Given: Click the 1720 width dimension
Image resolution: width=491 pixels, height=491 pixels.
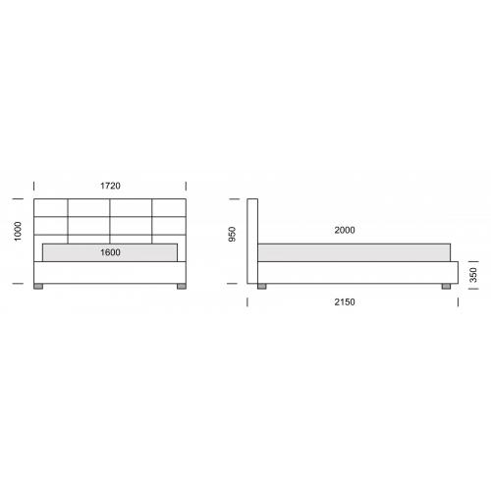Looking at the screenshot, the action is point(110,186).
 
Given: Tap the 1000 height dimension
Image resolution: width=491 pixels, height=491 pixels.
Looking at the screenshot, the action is point(18,231).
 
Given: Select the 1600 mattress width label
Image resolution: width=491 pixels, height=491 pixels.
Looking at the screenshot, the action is point(110,252).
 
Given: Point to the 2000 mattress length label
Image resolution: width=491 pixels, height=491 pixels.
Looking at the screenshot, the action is point(345,230).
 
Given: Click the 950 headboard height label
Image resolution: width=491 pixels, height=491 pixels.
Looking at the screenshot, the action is point(232,235).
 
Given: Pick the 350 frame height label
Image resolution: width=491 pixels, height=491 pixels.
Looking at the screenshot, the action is point(473,275).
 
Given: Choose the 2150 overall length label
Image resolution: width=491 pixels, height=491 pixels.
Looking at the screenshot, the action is point(345,301).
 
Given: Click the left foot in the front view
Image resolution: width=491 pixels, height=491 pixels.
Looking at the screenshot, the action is point(38,287).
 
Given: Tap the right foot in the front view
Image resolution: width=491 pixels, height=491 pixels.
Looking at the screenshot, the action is point(182,287).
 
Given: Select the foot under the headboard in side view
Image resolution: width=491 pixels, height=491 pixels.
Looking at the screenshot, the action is point(262,287).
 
